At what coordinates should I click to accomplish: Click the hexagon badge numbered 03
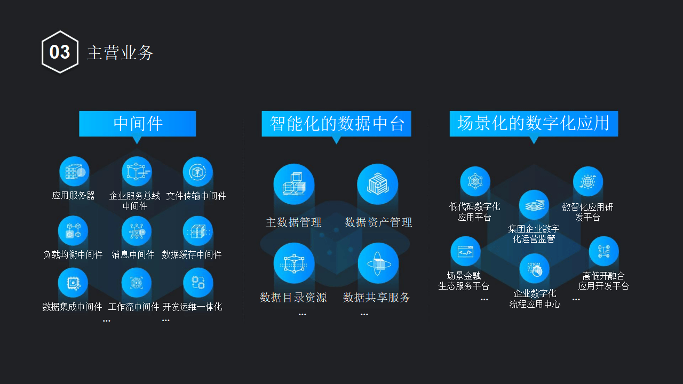[x=60, y=52]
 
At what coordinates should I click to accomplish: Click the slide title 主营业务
[x=120, y=52]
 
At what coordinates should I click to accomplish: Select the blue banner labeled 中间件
[x=138, y=124]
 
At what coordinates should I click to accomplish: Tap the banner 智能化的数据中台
[x=337, y=124]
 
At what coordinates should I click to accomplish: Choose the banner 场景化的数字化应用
[x=534, y=124]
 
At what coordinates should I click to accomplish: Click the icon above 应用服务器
[x=74, y=172]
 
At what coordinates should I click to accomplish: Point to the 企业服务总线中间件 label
[x=134, y=201]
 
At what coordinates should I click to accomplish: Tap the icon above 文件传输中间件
[x=198, y=172]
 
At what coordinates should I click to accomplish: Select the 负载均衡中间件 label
[x=73, y=254]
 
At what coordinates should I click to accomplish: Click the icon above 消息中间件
[x=137, y=231]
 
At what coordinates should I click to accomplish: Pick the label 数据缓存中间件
[x=192, y=254]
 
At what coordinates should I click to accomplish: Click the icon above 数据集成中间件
[x=73, y=283]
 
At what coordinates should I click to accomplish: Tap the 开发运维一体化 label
[x=193, y=307]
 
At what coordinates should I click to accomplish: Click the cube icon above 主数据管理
[x=294, y=184]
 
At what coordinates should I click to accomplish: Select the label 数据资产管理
[x=378, y=222]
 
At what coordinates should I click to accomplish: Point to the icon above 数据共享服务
[x=378, y=263]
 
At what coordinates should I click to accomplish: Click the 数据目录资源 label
[x=293, y=297]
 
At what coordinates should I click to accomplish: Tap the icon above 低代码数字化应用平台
[x=475, y=181]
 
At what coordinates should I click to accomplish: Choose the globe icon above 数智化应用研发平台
[x=588, y=181]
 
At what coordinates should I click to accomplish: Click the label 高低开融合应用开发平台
[x=603, y=281]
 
